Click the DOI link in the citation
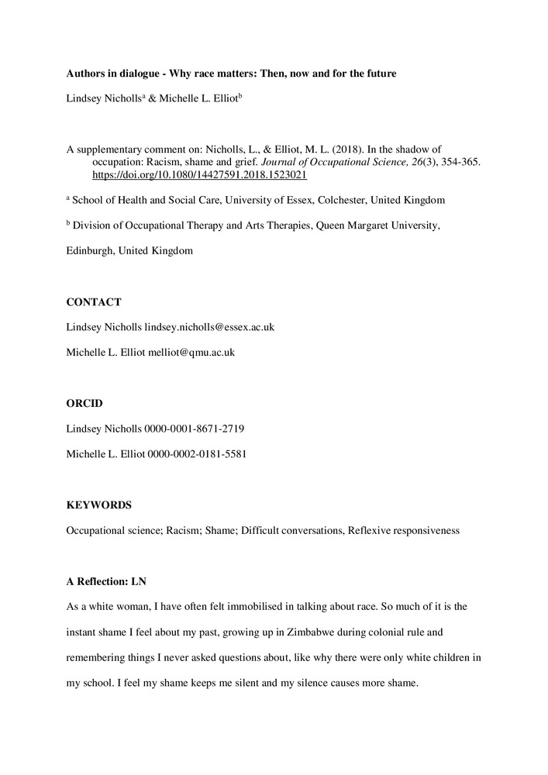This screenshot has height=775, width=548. click(x=199, y=175)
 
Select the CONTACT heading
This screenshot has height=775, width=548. click(x=93, y=302)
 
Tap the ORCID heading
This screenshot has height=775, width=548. click(x=84, y=403)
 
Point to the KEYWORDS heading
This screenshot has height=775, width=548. click(x=98, y=505)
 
